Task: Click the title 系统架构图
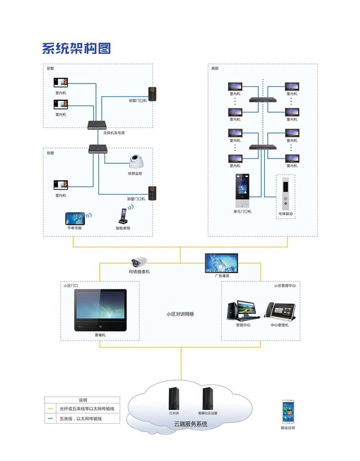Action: [76, 49]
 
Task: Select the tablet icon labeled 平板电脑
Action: [75, 218]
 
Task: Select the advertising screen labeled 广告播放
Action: [221, 263]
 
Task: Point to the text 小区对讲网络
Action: [180, 314]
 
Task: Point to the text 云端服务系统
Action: [191, 424]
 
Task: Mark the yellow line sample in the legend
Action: [50, 409]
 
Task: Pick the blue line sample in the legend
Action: [50, 419]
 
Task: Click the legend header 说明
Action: [83, 400]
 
